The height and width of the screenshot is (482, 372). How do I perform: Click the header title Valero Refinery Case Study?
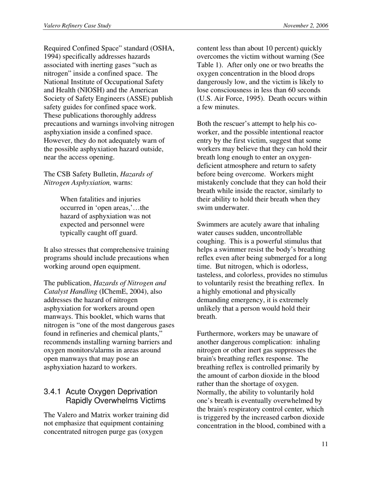[x=77, y=26]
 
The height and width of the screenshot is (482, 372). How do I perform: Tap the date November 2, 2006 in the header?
[x=306, y=26]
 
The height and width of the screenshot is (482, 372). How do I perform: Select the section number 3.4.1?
[x=53, y=391]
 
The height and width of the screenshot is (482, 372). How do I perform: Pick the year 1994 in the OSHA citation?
[x=51, y=57]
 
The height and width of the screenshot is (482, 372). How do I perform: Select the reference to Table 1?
[x=208, y=65]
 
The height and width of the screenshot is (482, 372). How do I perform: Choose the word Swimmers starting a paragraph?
[x=213, y=225]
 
